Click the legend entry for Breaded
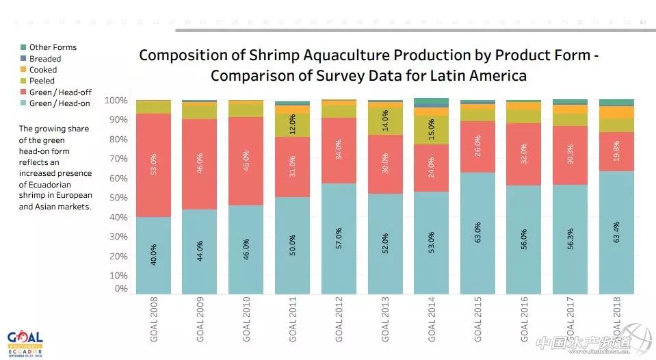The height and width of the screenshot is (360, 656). [44, 59]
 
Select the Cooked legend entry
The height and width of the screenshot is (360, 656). [42, 70]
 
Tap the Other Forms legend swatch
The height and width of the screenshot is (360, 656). [23, 47]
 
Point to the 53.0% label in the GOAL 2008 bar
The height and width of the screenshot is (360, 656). [153, 165]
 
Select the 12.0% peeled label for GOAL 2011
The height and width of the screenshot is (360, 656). [293, 124]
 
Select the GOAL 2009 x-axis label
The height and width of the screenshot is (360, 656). [200, 321]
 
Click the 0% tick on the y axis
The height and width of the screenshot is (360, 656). [121, 289]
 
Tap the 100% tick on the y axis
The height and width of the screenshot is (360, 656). [116, 101]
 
